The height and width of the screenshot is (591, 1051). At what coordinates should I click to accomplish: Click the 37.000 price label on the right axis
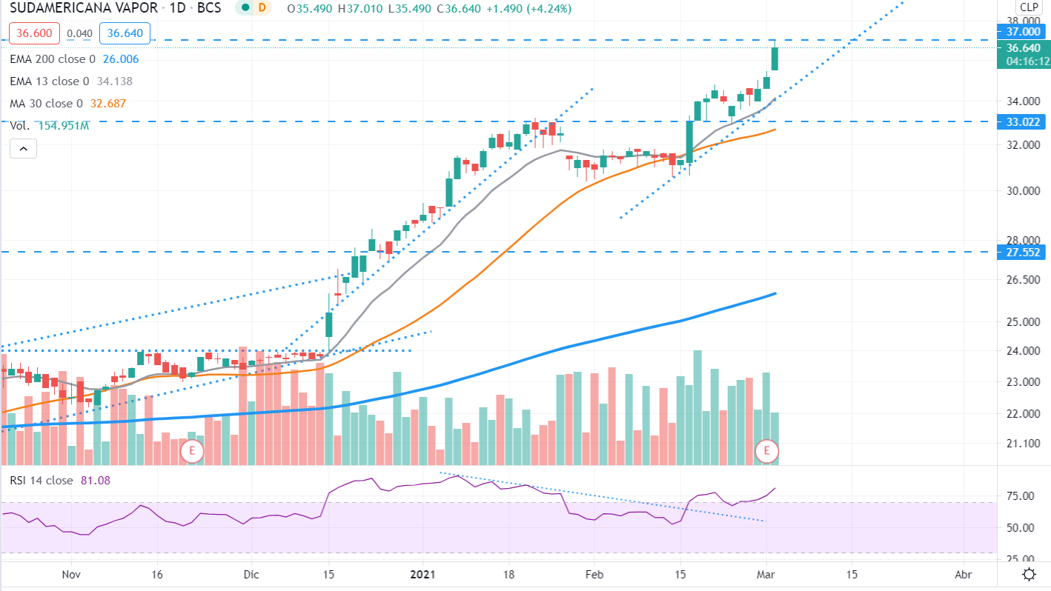pyautogui.click(x=1023, y=32)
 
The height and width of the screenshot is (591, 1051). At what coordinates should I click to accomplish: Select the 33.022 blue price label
pyautogui.click(x=1023, y=121)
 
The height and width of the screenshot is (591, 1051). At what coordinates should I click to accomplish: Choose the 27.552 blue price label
pyautogui.click(x=1023, y=253)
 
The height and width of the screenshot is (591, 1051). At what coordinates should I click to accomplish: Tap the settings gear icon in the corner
pyautogui.click(x=1029, y=575)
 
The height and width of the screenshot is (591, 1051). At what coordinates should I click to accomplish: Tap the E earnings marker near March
pyautogui.click(x=767, y=450)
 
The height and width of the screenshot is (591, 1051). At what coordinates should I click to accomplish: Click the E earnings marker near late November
pyautogui.click(x=192, y=450)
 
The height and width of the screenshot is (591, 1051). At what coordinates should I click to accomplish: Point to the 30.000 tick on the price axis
pyautogui.click(x=1023, y=191)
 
